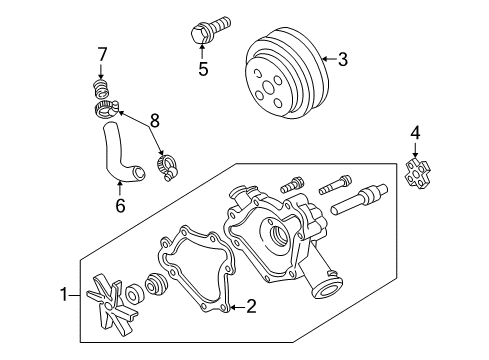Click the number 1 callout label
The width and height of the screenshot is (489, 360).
(65, 295)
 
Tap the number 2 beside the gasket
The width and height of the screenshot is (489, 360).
(251, 307)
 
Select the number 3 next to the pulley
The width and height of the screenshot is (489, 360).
(342, 59)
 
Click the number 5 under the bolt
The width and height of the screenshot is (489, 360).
(203, 69)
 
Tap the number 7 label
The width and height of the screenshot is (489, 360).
(101, 53)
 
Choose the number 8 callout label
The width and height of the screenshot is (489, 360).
(153, 120)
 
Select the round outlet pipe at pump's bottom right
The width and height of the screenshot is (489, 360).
(326, 290)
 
